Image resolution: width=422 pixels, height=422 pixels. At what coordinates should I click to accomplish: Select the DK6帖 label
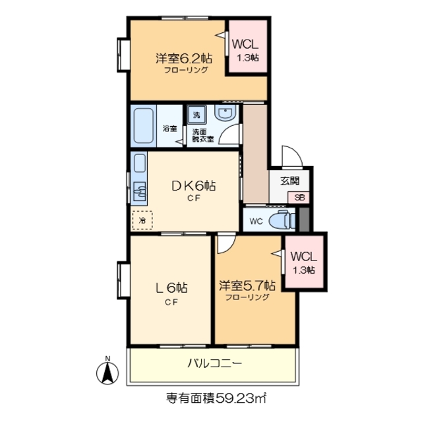click(x=194, y=186)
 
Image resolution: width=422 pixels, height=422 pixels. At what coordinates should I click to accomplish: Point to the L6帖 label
click(x=171, y=288)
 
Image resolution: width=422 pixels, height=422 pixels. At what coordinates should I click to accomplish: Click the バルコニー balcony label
click(x=214, y=363)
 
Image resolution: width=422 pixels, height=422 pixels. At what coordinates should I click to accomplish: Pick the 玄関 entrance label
click(x=289, y=180)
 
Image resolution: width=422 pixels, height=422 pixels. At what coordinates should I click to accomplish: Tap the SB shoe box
click(x=299, y=196)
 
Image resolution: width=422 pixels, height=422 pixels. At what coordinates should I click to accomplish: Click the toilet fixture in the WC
click(x=280, y=220)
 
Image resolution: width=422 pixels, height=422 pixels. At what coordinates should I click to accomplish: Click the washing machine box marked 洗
click(x=196, y=115)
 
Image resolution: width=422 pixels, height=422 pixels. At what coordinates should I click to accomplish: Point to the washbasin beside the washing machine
click(x=224, y=115)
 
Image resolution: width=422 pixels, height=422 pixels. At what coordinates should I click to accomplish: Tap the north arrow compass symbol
click(x=106, y=372)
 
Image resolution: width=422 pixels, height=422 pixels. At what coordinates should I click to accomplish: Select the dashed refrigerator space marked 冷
click(x=141, y=220)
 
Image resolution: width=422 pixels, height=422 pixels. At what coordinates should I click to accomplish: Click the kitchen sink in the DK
click(x=140, y=192)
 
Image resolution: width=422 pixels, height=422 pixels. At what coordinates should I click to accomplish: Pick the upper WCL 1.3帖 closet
click(x=248, y=49)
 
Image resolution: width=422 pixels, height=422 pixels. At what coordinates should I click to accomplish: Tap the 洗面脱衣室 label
click(x=202, y=135)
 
